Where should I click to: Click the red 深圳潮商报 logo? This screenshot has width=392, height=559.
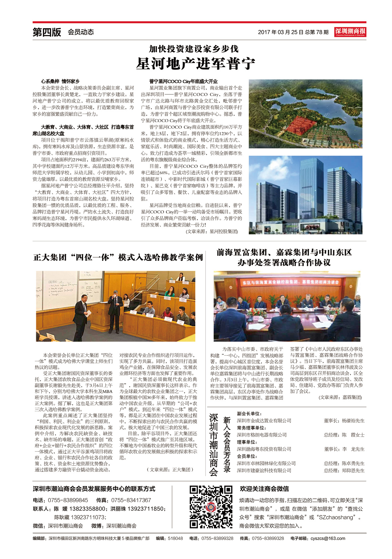pyautogui.click(x=350, y=32)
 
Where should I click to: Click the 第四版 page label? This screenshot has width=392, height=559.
pyautogui.click(x=47, y=32)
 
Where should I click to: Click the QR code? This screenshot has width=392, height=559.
pyautogui.click(x=211, y=507)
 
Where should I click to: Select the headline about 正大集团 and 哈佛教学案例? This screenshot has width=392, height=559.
pyautogui.click(x=118, y=257)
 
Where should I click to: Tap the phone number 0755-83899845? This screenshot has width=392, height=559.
pyautogui.click(x=68, y=500)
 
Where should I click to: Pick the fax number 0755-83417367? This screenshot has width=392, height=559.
pyautogui.click(x=131, y=500)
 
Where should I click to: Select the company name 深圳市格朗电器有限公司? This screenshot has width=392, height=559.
pyautogui.click(x=262, y=435)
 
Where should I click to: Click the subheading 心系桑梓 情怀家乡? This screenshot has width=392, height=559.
pyautogui.click(x=60, y=81)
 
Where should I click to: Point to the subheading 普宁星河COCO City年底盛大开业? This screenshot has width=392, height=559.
pyautogui.click(x=183, y=81)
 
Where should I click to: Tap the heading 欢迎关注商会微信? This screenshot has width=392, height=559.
pyautogui.click(x=264, y=489)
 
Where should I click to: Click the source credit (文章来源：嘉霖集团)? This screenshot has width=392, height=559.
pyautogui.click(x=340, y=397)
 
